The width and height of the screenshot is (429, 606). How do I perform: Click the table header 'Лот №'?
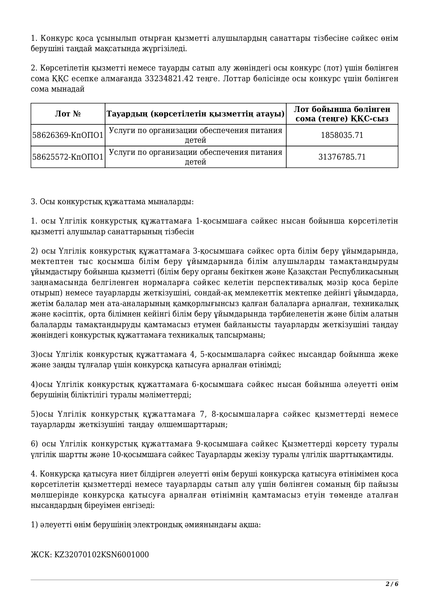[68, 114]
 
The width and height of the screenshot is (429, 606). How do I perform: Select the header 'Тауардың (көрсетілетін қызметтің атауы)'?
[195, 114]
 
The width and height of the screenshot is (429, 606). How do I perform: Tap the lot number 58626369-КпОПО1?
[68, 135]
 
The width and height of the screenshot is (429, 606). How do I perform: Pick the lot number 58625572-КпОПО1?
[68, 157]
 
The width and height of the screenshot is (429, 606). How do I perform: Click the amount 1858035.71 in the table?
[342, 135]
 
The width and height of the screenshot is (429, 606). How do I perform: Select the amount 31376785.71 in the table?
[342, 157]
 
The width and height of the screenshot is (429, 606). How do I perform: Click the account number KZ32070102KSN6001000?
[102, 555]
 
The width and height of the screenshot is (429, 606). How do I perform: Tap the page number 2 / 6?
[392, 584]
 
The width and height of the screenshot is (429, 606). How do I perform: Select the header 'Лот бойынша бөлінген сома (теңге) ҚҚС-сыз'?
[342, 114]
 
